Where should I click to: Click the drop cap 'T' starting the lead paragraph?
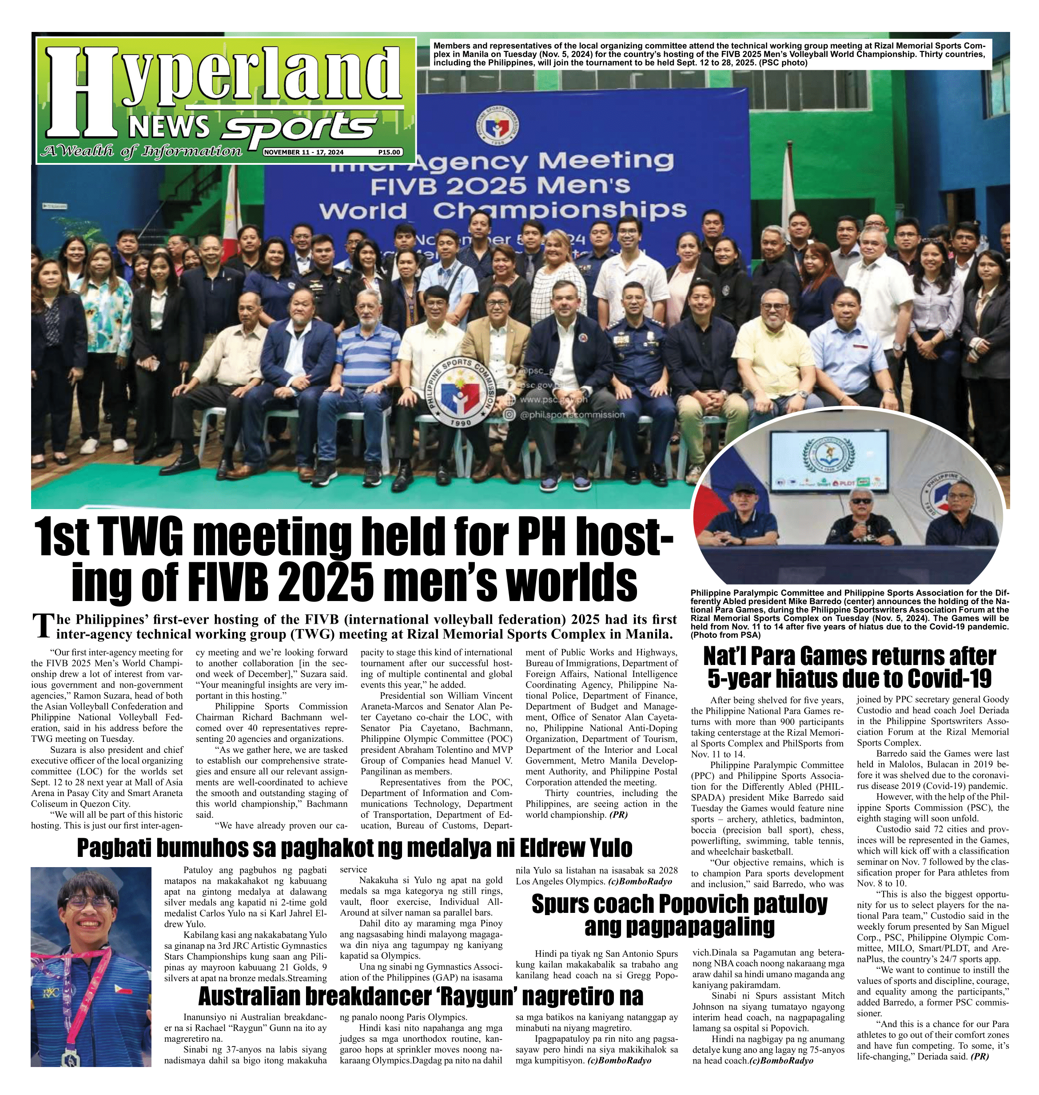coord(39,626)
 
